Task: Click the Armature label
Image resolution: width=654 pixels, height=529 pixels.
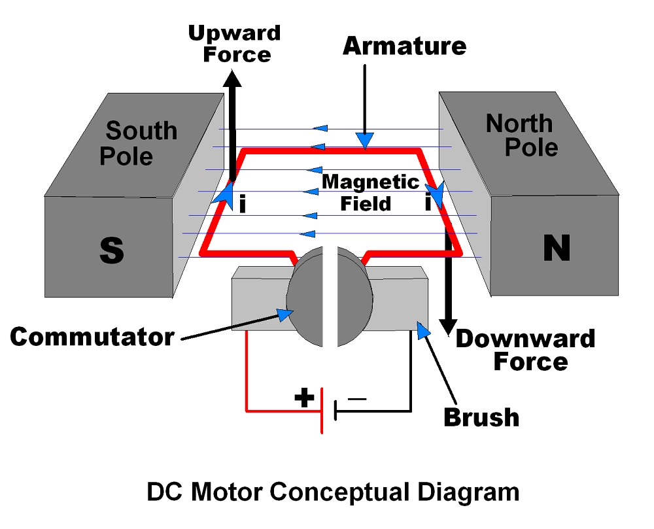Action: (x=404, y=46)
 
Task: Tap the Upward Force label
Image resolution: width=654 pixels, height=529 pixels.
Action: (x=234, y=43)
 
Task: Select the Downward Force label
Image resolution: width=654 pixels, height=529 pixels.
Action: (x=525, y=350)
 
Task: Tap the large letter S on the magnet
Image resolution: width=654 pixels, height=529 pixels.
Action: (x=112, y=249)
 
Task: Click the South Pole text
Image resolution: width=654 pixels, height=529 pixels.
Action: (x=137, y=143)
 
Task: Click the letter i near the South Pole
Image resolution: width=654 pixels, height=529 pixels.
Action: (x=243, y=205)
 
